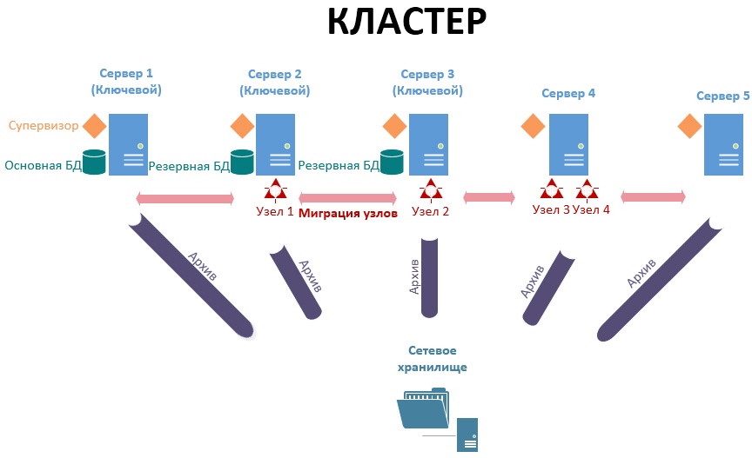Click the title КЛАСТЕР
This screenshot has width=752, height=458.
coord(406,23)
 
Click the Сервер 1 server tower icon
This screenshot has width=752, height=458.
coord(128,144)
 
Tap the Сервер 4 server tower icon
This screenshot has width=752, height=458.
coord(569,144)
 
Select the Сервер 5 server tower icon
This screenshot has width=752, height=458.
coord(724,144)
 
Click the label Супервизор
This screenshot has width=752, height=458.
coord(44,126)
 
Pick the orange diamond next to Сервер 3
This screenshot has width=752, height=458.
coord(394,127)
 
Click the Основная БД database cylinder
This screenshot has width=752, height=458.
coord(94,161)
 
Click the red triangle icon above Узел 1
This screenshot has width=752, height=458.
coord(275,189)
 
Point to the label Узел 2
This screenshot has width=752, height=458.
coord(430,211)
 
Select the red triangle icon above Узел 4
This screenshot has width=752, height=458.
coord(587,189)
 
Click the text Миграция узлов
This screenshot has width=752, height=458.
coord(347,212)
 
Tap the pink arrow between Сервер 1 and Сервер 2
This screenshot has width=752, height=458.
coord(185,198)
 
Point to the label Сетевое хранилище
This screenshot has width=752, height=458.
coord(433,358)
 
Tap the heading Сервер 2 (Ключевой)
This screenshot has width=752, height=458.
coord(274,82)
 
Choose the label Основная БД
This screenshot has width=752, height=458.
coord(42,165)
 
